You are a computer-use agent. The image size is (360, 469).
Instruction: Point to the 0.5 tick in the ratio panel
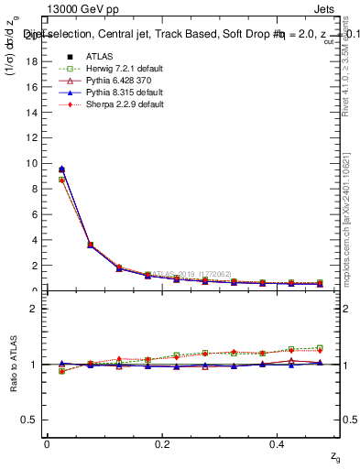pos(33,420)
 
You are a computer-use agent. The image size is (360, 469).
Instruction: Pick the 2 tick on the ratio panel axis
pos(37,309)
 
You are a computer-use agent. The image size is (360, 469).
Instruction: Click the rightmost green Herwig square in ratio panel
pos(320,348)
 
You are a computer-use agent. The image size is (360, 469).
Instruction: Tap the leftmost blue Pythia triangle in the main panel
pos(61,169)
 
